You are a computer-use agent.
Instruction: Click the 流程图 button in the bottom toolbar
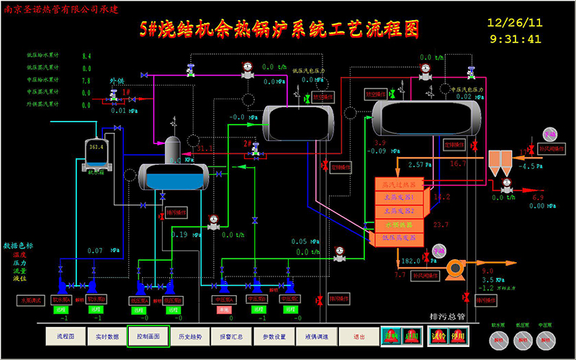tap(60, 336)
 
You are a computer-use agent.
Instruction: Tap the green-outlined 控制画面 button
tap(148, 336)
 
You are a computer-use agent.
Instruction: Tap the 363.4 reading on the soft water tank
tap(96, 147)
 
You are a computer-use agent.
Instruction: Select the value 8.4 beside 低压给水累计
tap(86, 55)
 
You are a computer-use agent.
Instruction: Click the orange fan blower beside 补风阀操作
tap(455, 269)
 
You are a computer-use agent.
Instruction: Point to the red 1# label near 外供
tap(125, 93)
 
